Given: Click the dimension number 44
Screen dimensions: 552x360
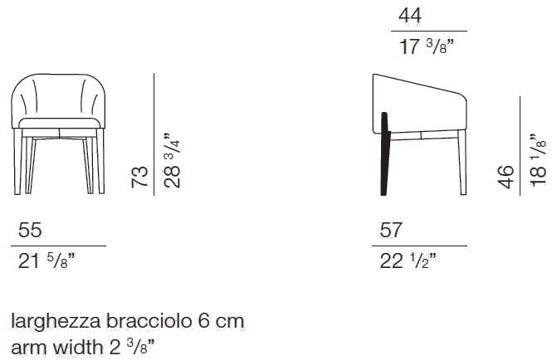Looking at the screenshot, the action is click(410, 16).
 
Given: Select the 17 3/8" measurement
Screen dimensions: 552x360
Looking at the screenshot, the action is click(427, 46).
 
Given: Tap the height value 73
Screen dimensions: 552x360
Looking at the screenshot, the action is click(139, 177).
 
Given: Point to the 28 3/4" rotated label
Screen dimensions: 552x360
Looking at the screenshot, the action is click(172, 160).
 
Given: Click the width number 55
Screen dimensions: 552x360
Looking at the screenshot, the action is click(30, 230).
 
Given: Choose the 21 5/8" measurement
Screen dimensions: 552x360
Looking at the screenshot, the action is click(46, 260).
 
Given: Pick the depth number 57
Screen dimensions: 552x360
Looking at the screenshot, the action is click(391, 230).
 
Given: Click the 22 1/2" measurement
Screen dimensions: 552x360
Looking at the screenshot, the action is click(408, 260).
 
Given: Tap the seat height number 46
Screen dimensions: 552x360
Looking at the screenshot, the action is click(506, 177).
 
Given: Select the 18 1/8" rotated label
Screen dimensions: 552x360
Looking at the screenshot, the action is click(538, 160).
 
